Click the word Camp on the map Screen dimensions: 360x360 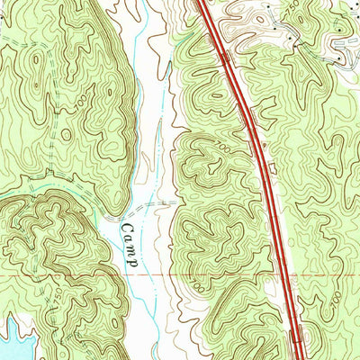click(129, 243)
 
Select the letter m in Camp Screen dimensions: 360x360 click(130, 249)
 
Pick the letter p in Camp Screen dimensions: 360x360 click(131, 262)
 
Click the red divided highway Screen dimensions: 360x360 click(261, 162)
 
